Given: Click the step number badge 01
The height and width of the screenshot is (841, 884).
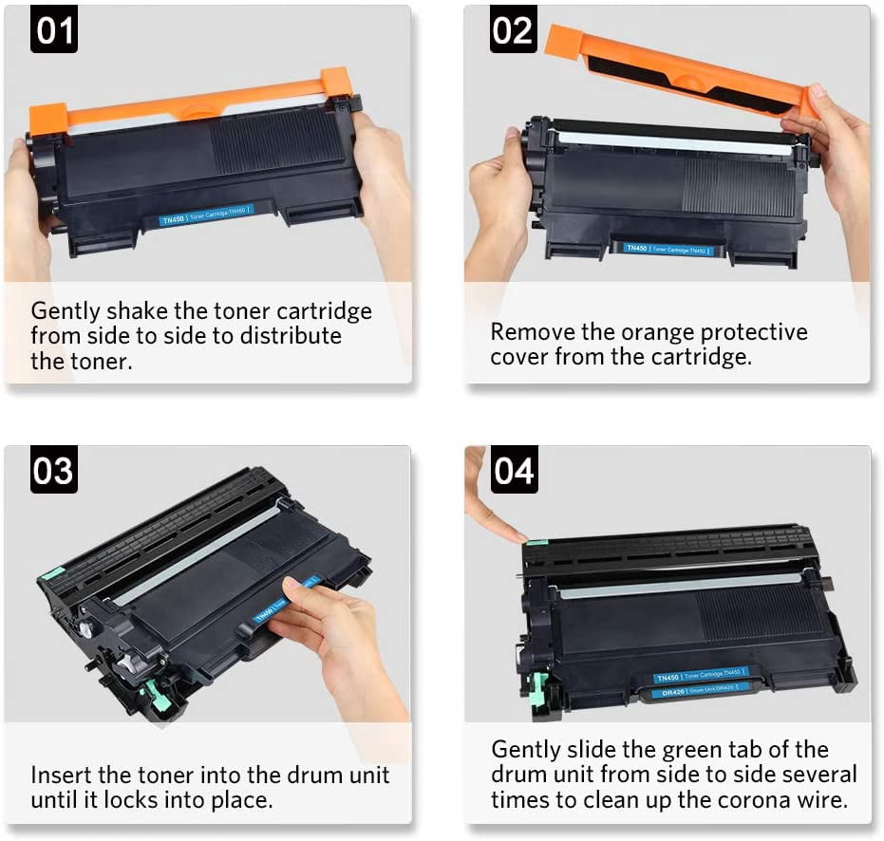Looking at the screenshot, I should click(x=54, y=30).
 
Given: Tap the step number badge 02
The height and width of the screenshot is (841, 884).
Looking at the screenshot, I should click(x=513, y=30).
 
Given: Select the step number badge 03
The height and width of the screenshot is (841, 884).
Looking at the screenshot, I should click(x=54, y=470).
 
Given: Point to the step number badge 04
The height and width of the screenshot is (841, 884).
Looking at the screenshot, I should click(x=513, y=470).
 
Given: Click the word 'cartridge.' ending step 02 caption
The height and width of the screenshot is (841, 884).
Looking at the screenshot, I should click(x=702, y=358).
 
